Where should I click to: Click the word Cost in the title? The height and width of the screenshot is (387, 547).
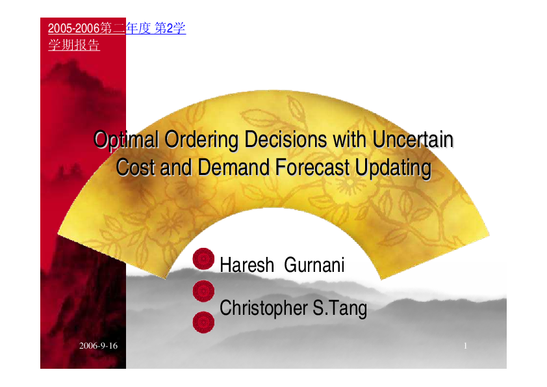tap(136, 168)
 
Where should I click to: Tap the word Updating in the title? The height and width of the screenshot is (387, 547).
tap(394, 168)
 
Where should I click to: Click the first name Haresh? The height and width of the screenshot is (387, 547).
tap(247, 265)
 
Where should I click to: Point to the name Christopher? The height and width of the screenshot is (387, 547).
tap(264, 308)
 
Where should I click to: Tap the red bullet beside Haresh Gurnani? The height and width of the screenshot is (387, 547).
tap(204, 258)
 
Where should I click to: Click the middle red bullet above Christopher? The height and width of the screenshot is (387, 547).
tap(204, 289)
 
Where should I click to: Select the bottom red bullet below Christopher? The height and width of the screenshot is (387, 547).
tap(204, 321)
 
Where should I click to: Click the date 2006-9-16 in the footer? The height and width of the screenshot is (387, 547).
tap(98, 345)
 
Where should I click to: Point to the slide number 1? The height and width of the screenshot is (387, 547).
tap(466, 345)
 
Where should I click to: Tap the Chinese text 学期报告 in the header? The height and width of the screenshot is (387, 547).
tap(74, 46)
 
